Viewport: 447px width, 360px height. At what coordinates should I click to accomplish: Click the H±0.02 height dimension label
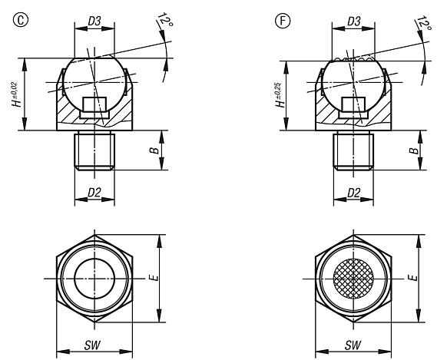17,92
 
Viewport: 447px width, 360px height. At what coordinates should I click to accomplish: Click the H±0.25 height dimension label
275,92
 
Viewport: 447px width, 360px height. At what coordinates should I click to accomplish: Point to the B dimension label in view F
414,151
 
